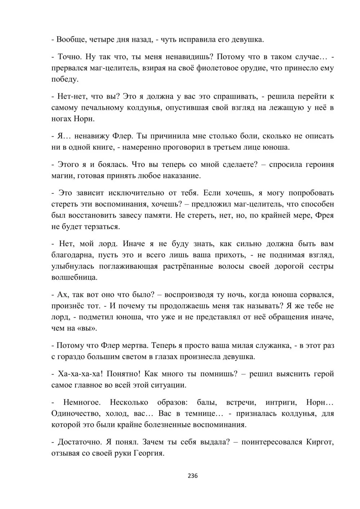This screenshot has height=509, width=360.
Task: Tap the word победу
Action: click(x=65, y=79)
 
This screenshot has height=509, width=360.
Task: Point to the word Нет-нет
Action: click(x=71, y=96)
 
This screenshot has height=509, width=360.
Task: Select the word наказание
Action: click(x=180, y=176)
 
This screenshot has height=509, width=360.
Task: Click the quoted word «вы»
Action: click(x=88, y=328)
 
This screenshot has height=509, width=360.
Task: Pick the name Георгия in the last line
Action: click(x=149, y=453)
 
